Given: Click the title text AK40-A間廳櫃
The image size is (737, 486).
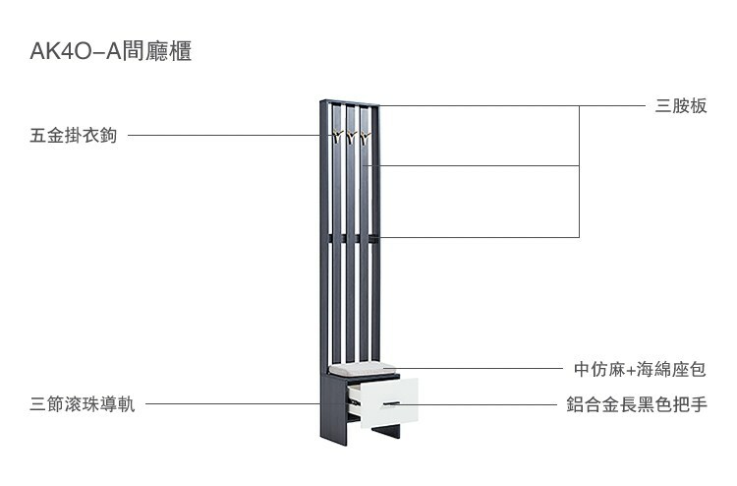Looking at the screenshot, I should click(x=110, y=52).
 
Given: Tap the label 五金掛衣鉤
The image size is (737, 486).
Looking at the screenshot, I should click(x=73, y=136).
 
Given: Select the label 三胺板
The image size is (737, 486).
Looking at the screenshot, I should click(x=681, y=106).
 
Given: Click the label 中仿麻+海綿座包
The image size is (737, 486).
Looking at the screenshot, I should click(x=640, y=369).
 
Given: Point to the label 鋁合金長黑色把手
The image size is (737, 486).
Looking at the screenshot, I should click(x=636, y=404).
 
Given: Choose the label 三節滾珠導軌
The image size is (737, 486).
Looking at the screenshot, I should click(x=83, y=404).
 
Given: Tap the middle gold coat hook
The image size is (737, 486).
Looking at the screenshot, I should click(x=351, y=137).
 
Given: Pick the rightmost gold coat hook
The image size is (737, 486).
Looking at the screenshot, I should click(x=365, y=137).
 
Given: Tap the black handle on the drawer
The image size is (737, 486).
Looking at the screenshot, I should click(x=390, y=404).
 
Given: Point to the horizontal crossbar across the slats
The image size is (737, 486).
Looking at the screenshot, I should click(x=351, y=236).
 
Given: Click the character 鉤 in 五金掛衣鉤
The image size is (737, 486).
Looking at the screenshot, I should click(x=108, y=136).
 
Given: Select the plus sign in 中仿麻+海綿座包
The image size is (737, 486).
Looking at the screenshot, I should click(x=631, y=370).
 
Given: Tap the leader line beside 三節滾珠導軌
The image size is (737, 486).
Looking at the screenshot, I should click(x=236, y=403).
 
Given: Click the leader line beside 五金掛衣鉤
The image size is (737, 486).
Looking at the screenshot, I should click(x=226, y=136).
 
